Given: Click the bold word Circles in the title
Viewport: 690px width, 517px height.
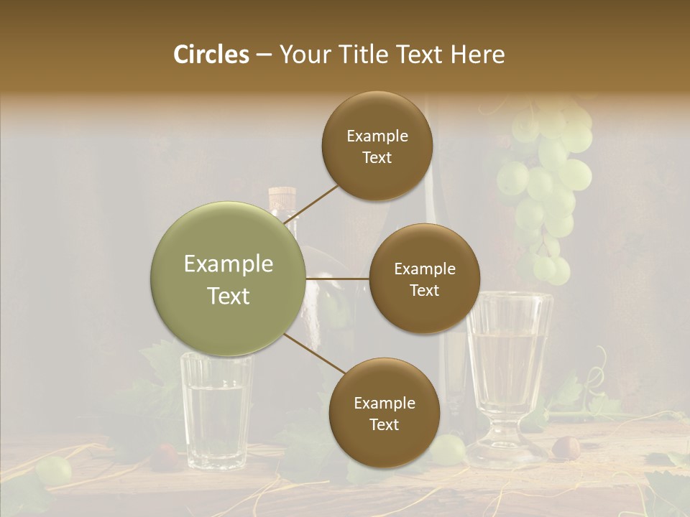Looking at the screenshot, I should tap(211, 55).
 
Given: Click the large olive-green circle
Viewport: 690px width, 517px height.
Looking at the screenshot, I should tap(229, 279).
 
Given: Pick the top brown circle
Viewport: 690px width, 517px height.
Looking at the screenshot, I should tap(377, 146).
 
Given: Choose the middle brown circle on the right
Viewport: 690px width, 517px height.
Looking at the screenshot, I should tap(424, 279).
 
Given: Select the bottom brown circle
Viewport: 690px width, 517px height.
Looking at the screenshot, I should tap(384, 413).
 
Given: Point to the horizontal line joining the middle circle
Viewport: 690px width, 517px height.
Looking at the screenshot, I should tap(338, 279).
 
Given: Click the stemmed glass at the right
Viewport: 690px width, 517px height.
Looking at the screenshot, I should tap(509, 359).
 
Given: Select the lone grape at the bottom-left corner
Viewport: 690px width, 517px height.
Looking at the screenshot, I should tap(54, 470).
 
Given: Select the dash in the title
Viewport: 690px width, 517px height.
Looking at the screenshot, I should tap(264, 55).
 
